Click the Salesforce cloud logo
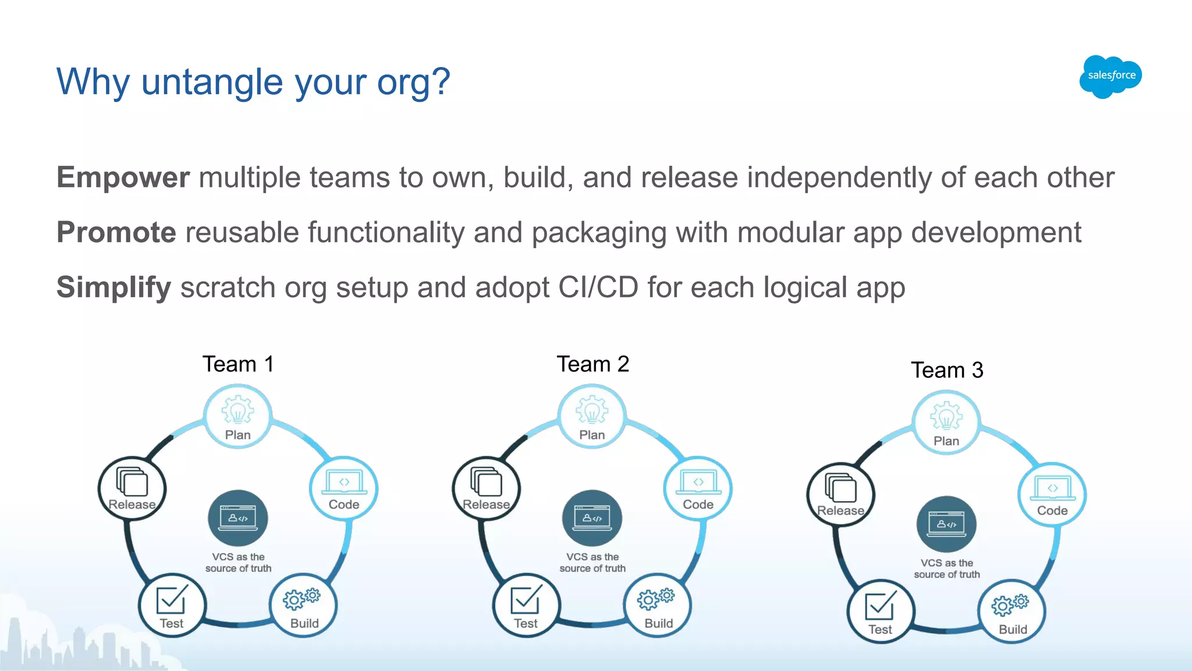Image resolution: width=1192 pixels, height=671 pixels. [x=1111, y=76]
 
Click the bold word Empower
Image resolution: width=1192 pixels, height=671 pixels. [x=123, y=177]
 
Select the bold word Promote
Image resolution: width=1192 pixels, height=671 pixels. [x=116, y=233]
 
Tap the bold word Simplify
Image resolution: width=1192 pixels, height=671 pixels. [x=113, y=287]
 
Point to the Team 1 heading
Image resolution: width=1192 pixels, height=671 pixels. [x=238, y=364]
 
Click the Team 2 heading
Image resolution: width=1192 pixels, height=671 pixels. [x=593, y=364]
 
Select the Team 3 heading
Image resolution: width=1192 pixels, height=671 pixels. [x=947, y=370]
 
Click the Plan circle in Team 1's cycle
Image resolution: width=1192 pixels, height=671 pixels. [x=237, y=417]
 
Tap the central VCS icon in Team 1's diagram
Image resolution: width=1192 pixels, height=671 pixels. [x=238, y=518]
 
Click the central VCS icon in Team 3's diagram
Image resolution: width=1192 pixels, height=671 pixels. [x=946, y=524]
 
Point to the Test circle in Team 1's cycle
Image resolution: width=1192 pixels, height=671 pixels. [x=172, y=606]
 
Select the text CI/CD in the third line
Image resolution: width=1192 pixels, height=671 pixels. [x=598, y=287]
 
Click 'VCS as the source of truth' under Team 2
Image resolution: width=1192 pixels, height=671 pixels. [x=593, y=563]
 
